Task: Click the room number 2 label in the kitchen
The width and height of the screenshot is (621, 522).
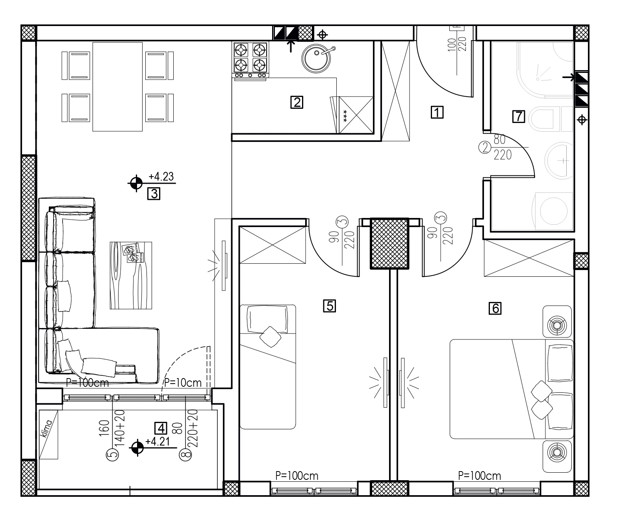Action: [x=297, y=103]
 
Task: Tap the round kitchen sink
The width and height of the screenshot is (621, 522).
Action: [x=316, y=59]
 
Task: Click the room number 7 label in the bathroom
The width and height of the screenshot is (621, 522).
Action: [x=519, y=116]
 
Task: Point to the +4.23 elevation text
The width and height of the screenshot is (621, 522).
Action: [x=161, y=177]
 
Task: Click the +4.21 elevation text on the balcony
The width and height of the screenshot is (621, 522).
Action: [x=158, y=441]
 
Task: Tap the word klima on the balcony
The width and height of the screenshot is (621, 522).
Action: [x=47, y=429]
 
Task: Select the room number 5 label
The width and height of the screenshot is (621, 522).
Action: [x=330, y=306]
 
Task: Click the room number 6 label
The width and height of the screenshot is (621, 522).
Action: [x=495, y=308]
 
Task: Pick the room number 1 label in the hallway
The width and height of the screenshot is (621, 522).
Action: [x=437, y=112]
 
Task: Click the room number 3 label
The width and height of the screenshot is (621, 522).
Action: [x=154, y=194]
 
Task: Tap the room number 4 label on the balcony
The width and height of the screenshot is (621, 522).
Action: [x=161, y=428]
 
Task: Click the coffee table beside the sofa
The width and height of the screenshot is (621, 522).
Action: [x=131, y=276]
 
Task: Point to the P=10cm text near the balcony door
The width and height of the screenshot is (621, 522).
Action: [x=183, y=383]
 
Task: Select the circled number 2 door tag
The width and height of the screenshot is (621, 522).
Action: [x=485, y=147]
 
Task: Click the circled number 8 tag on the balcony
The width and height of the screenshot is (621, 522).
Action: [x=185, y=455]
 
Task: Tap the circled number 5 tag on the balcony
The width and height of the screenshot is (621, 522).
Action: [x=112, y=455]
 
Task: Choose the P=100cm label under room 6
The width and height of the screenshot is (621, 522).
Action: [x=479, y=476]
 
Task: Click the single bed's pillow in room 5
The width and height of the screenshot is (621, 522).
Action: [x=267, y=319]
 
